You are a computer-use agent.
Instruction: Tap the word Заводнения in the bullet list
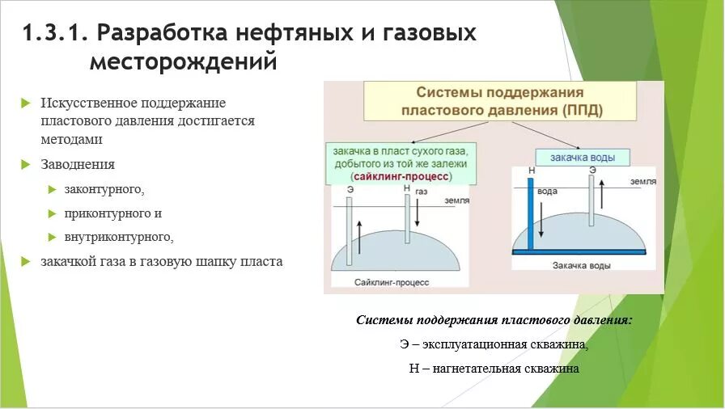pos(78,164)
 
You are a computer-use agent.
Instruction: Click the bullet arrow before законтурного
pos(53,189)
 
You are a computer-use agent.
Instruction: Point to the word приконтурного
pos(113,213)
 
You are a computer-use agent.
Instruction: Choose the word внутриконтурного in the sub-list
pos(119,238)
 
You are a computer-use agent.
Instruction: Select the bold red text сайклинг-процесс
pos(402,175)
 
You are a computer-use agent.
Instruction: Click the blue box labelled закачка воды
pos(580,157)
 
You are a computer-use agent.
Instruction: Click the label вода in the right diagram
pos(548,192)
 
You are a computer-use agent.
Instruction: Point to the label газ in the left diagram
pos(422,193)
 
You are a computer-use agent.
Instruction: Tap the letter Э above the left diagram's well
pos(349,188)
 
